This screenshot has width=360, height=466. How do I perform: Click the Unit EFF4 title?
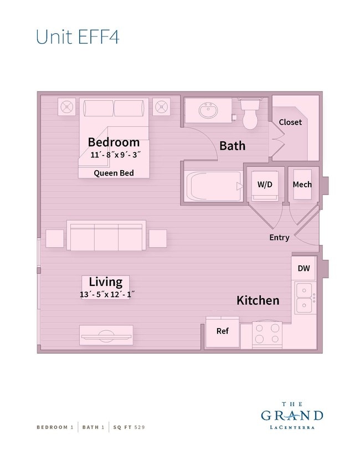77,36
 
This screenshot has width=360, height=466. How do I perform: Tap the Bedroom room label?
114,142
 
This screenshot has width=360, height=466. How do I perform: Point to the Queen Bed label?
114,173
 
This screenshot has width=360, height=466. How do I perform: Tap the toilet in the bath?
251,115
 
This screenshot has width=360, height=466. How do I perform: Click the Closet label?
290,122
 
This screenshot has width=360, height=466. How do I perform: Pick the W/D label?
265,185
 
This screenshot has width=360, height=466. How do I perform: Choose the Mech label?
302,185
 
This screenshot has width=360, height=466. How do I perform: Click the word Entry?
279,237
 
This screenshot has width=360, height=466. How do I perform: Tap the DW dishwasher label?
304,268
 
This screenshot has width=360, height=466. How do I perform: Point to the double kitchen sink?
303,298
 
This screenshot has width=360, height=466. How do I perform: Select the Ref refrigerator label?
222,331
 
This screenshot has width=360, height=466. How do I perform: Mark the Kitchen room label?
258,300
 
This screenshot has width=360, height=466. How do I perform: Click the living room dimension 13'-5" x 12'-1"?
107,295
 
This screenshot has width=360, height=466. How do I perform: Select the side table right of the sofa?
157,238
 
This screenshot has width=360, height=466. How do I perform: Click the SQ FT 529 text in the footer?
128,427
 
